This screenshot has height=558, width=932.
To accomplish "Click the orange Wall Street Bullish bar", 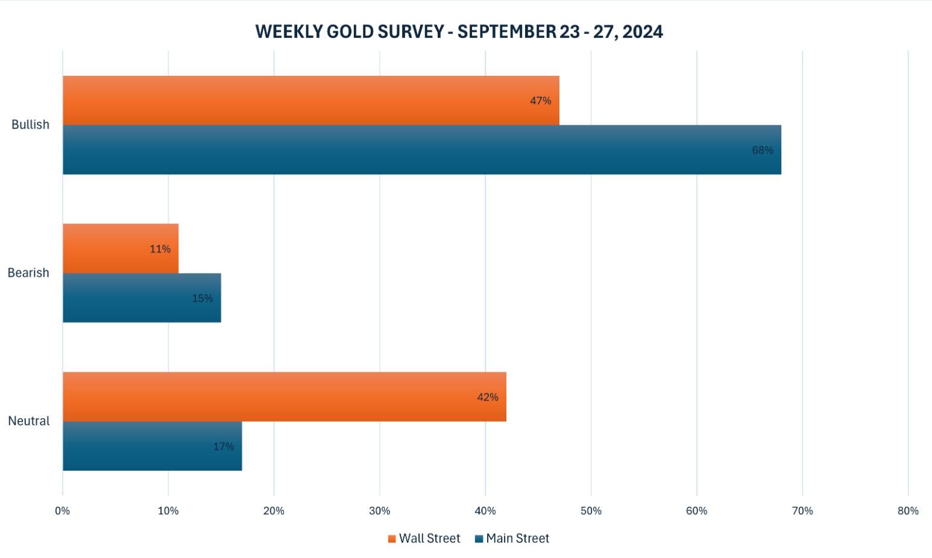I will pyautogui.click(x=310, y=101).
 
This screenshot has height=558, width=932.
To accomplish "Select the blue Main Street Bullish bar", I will pyautogui.click(x=421, y=150).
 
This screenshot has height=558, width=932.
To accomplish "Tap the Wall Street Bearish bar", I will pyautogui.click(x=121, y=248).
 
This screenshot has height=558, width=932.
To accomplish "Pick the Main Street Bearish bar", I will pyautogui.click(x=142, y=298).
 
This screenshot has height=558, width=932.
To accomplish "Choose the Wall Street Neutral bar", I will pyautogui.click(x=284, y=397).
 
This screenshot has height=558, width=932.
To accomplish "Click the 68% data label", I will pyautogui.click(x=762, y=150).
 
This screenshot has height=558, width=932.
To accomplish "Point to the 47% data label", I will pyautogui.click(x=540, y=101).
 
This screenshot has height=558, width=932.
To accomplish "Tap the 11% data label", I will pyautogui.click(x=160, y=249).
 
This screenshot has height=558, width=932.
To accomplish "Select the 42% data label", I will pyautogui.click(x=487, y=397).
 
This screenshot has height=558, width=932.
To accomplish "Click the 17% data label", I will pyautogui.click(x=223, y=447).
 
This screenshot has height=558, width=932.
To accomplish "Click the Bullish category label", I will pyautogui.click(x=30, y=125).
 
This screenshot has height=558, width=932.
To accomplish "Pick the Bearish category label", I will pyautogui.click(x=28, y=273).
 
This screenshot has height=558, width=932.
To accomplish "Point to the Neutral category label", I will pyautogui.click(x=29, y=421).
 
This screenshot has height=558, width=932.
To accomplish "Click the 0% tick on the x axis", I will pyautogui.click(x=63, y=511).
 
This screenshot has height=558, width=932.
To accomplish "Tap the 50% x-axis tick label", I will pyautogui.click(x=591, y=511).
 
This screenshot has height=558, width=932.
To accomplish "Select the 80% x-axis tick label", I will pyautogui.click(x=907, y=511).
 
